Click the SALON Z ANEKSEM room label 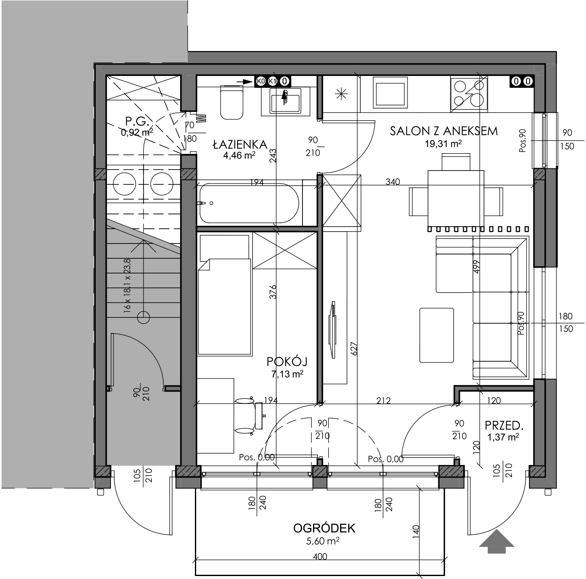tap(444, 131)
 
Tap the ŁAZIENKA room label tap(240, 144)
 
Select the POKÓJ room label tap(287, 362)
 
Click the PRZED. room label tap(504, 426)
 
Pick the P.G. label tap(137, 122)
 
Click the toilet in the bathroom tap(232, 103)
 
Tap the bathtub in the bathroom tap(249, 203)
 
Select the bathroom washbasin tap(285, 102)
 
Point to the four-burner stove tap(469, 94)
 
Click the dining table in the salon tap(456, 198)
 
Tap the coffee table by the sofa tap(437, 335)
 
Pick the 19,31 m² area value tap(443, 143)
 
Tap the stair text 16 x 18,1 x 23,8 tap(127, 284)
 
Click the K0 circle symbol tap(261, 81)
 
